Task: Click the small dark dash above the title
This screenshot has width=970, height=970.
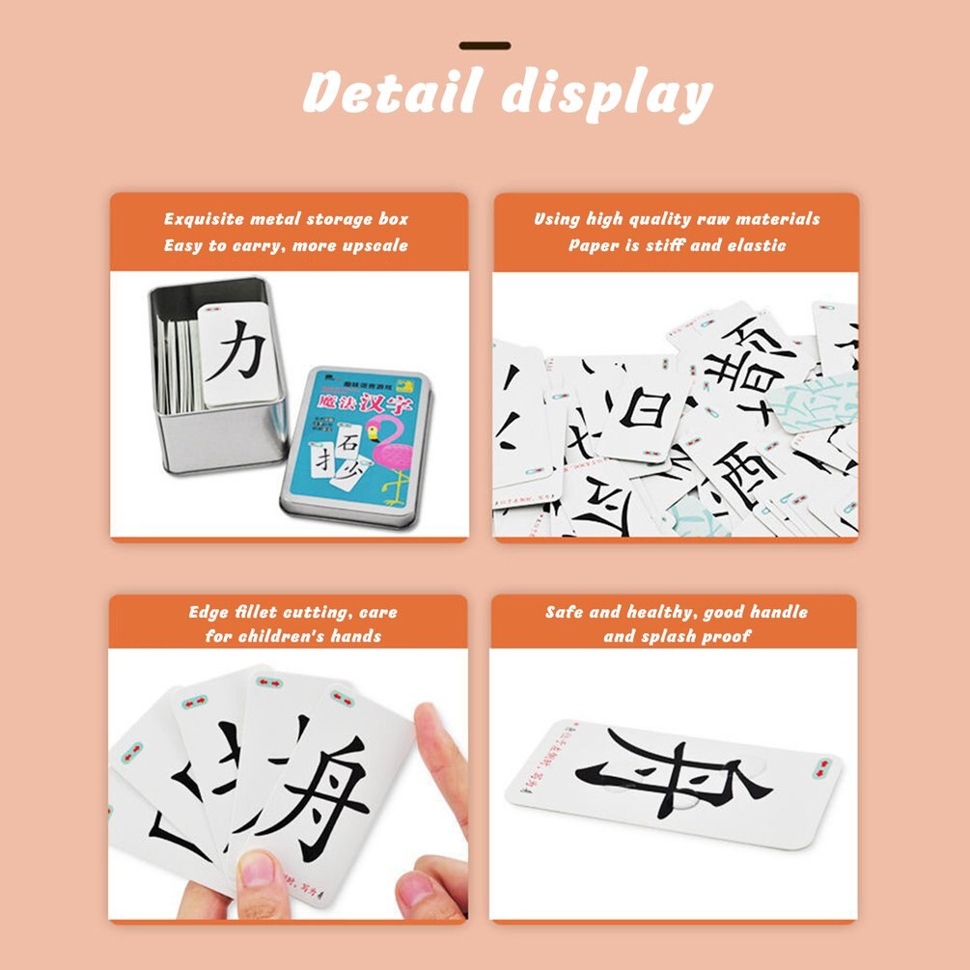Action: coord(485,45)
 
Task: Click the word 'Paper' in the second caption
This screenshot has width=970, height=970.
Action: coord(593,245)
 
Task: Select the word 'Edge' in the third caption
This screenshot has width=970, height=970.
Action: coord(208,612)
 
